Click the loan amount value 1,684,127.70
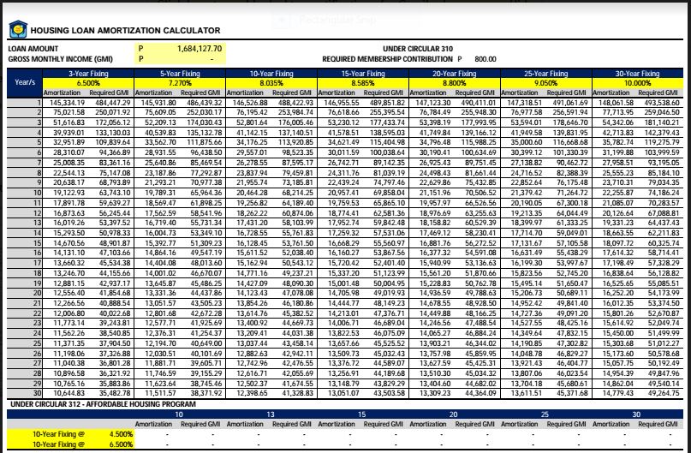click(x=198, y=49)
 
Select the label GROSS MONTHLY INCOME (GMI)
click(x=48, y=59)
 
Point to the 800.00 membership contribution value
click(x=485, y=59)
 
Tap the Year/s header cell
click(x=25, y=83)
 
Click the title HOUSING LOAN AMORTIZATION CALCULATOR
click(x=127, y=31)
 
